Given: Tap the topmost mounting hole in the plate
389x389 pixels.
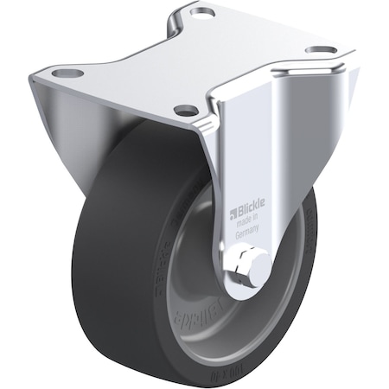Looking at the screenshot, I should pyautogui.click(x=202, y=14).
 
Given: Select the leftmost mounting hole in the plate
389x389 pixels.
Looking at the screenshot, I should pyautogui.click(x=62, y=73).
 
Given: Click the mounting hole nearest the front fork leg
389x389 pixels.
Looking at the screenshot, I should pyautogui.click(x=184, y=110).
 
